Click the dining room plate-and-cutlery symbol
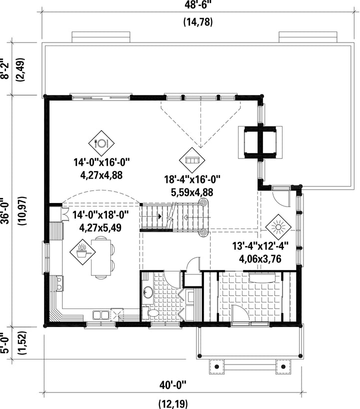(x=101, y=143)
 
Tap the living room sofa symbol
(x=192, y=160)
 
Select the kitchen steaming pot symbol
(x=82, y=252)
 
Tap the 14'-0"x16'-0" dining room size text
(x=101, y=162)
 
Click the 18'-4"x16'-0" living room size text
(x=192, y=179)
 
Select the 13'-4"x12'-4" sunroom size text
(x=260, y=246)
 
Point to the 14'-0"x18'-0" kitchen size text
(x=100, y=215)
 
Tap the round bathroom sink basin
(x=148, y=292)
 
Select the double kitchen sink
(x=100, y=315)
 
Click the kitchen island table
(x=101, y=257)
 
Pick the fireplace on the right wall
(x=260, y=142)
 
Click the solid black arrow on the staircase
(x=159, y=216)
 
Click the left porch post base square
(x=216, y=366)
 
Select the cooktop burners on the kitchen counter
(x=59, y=283)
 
